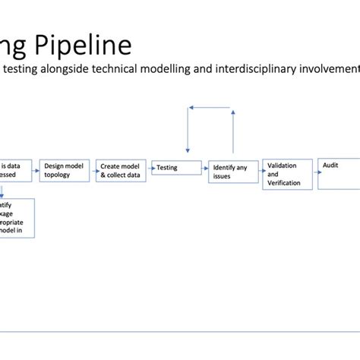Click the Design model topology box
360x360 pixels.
tap(66, 170)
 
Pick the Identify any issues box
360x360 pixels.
tap(232, 171)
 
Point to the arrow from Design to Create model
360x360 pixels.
tap(93, 169)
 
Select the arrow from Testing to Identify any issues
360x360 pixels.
tap(205, 169)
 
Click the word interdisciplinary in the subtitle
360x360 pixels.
tap(245, 68)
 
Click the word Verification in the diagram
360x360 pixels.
tap(285, 183)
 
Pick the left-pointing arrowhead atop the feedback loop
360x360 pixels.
tap(192, 109)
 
